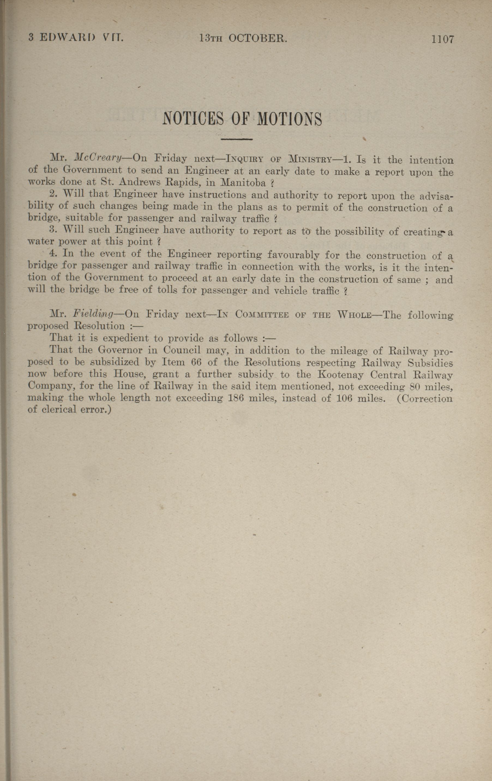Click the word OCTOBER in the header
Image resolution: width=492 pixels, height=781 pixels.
258,39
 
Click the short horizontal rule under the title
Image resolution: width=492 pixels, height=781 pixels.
236,140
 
